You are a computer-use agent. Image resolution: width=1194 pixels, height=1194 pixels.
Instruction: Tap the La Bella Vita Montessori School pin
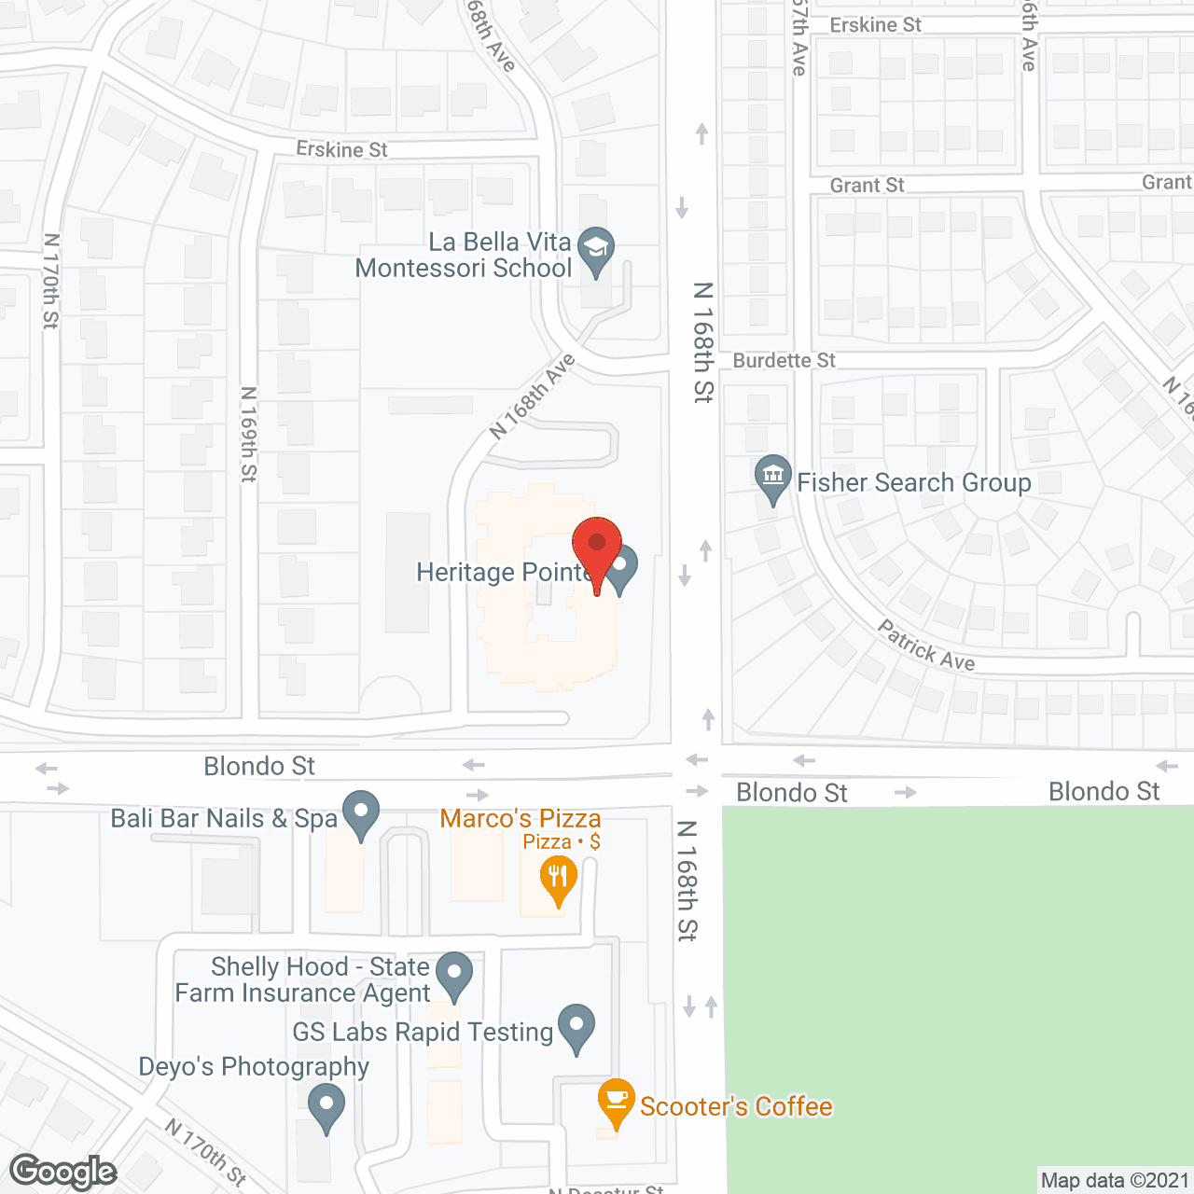click(x=596, y=249)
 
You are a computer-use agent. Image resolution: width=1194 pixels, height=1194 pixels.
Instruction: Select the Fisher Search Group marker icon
click(x=772, y=477)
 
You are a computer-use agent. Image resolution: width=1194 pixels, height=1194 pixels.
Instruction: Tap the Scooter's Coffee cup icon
click(x=616, y=1100)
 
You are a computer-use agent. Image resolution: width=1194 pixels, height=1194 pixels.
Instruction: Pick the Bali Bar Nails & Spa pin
click(x=361, y=813)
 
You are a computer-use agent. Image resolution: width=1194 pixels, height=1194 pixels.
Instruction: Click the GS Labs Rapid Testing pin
click(x=576, y=1026)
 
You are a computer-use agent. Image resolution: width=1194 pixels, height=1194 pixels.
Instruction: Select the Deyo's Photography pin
click(x=326, y=1108)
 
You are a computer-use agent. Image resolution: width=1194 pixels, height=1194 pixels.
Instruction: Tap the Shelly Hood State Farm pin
click(x=454, y=974)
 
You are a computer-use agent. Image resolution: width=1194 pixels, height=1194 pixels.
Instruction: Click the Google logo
click(x=63, y=1172)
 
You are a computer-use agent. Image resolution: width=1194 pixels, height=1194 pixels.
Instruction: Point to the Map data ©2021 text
click(x=1115, y=1181)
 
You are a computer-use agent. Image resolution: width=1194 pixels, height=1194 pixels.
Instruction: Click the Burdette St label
click(x=784, y=360)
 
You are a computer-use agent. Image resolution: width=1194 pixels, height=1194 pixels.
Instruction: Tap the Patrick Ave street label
click(x=926, y=646)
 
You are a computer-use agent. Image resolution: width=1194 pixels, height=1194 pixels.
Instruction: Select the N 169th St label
click(x=248, y=434)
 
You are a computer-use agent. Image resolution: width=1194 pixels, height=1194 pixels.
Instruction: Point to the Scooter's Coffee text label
click(x=736, y=1106)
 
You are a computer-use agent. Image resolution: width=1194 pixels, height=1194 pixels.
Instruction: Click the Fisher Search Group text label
click(x=914, y=482)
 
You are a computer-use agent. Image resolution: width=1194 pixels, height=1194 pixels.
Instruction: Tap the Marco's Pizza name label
click(x=521, y=818)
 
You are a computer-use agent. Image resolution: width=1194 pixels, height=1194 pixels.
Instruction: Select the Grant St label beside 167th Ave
click(x=867, y=186)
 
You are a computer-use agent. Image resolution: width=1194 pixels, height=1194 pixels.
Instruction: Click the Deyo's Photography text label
click(x=254, y=1066)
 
